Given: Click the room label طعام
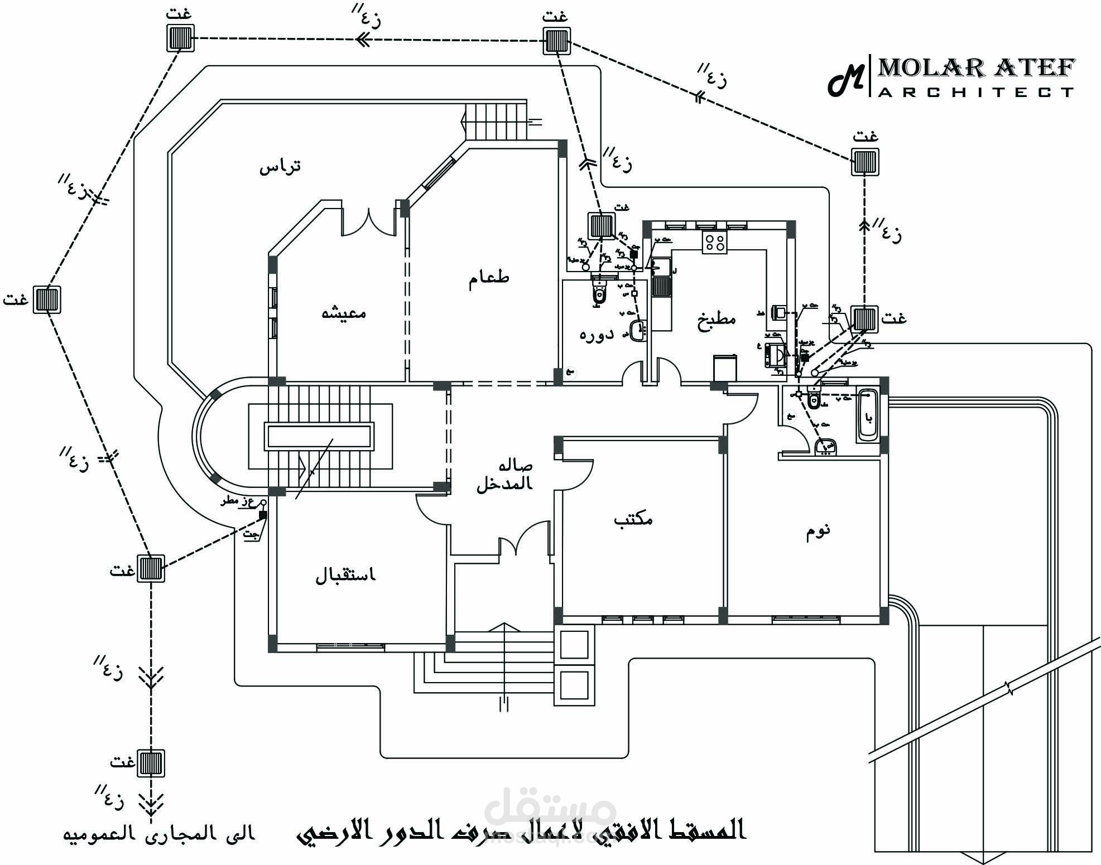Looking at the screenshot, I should coord(488,278).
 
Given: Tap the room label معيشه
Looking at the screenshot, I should coord(344,312).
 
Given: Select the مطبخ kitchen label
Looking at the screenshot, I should coord(716,320).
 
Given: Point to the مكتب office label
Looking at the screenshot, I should coord(633,520).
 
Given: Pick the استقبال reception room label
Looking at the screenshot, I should coord(346,575).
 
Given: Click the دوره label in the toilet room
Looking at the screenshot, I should coord(596,335).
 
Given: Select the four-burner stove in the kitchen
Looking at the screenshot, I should coord(715,243).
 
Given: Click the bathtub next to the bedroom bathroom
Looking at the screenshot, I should coord(867,416).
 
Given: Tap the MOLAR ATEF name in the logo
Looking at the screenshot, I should coord(976,68).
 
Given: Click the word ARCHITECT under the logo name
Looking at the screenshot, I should coord(976,92).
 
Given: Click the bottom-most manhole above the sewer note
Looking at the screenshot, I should coord(151,763).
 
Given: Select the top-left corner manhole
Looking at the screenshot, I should coord(181,38).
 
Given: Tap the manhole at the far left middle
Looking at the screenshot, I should coord(46,299).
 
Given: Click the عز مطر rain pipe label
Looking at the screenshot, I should coord(238,501).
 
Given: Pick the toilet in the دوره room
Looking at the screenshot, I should coord(599,292).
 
